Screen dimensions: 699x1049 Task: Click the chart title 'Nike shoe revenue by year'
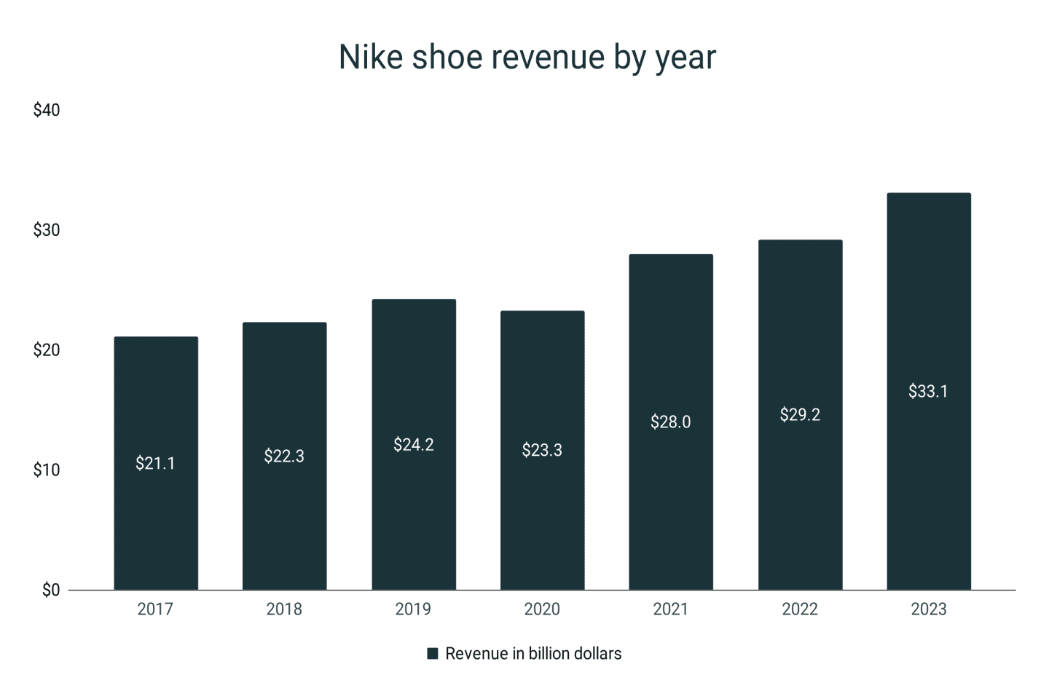(527, 57)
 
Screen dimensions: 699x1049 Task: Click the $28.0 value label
(670, 422)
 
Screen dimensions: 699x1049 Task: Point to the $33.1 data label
(928, 392)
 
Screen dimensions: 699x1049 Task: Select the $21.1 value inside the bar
(155, 464)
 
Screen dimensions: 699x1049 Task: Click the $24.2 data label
(413, 445)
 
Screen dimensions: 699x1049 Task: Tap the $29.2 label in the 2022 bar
(800, 415)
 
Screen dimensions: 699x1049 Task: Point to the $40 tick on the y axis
(47, 110)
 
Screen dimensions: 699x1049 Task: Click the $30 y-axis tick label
(47, 230)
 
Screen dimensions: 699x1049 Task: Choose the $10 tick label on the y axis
(47, 470)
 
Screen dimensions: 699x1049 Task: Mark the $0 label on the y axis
(51, 591)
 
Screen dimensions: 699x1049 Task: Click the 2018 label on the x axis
(284, 609)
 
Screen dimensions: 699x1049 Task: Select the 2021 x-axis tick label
(670, 609)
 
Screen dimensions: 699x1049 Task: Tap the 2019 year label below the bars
(413, 609)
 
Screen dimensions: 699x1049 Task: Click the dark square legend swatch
(433, 654)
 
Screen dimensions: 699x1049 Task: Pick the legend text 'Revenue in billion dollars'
(533, 654)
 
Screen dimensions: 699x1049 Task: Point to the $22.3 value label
(284, 457)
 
